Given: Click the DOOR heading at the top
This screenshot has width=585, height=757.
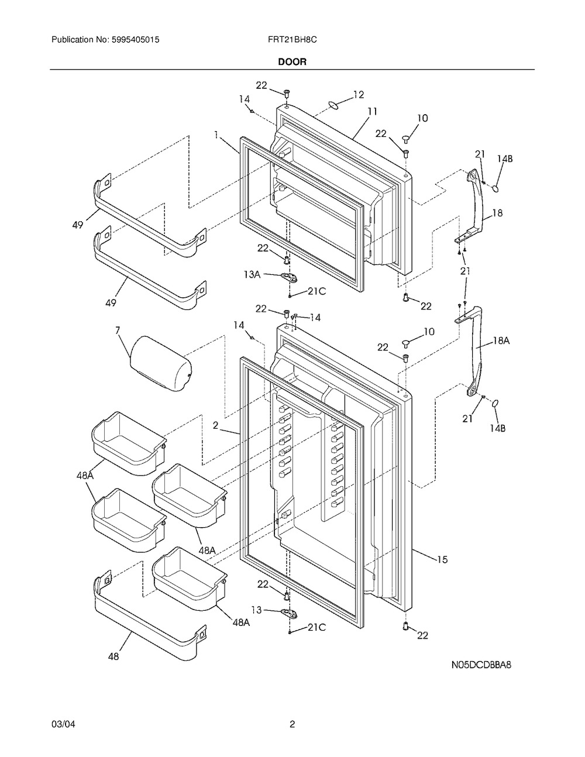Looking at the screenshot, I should click(x=292, y=61).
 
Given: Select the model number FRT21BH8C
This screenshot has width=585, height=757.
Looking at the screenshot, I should click(x=292, y=40).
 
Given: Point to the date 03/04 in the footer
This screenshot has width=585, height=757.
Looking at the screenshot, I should click(x=63, y=725).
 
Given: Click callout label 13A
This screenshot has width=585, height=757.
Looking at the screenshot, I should click(x=252, y=274).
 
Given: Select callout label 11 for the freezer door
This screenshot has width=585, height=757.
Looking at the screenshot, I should click(x=372, y=111).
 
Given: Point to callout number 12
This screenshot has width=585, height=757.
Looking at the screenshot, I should click(x=358, y=94).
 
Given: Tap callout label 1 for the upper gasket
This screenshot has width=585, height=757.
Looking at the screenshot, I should click(x=216, y=135).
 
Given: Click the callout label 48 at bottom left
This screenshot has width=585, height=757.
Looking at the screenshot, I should click(x=113, y=657).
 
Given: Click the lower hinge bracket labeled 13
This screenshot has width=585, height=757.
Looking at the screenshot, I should click(x=287, y=612).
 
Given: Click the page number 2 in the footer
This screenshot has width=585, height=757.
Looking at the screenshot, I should click(x=292, y=725).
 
